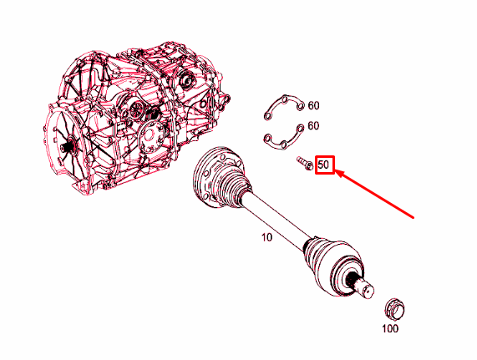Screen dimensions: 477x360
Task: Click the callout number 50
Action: click(x=323, y=165)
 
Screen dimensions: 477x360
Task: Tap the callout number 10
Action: click(x=266, y=237)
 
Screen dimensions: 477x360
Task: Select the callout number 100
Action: click(x=390, y=328)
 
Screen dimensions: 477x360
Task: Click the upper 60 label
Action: click(x=313, y=105)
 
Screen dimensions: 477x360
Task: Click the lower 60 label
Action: click(x=313, y=125)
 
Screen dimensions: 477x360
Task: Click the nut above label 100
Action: click(x=394, y=310)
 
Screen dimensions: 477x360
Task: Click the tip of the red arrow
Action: click(x=336, y=171)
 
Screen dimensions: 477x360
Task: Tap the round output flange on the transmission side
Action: click(x=151, y=135)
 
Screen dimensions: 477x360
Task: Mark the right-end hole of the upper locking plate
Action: click(x=300, y=106)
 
